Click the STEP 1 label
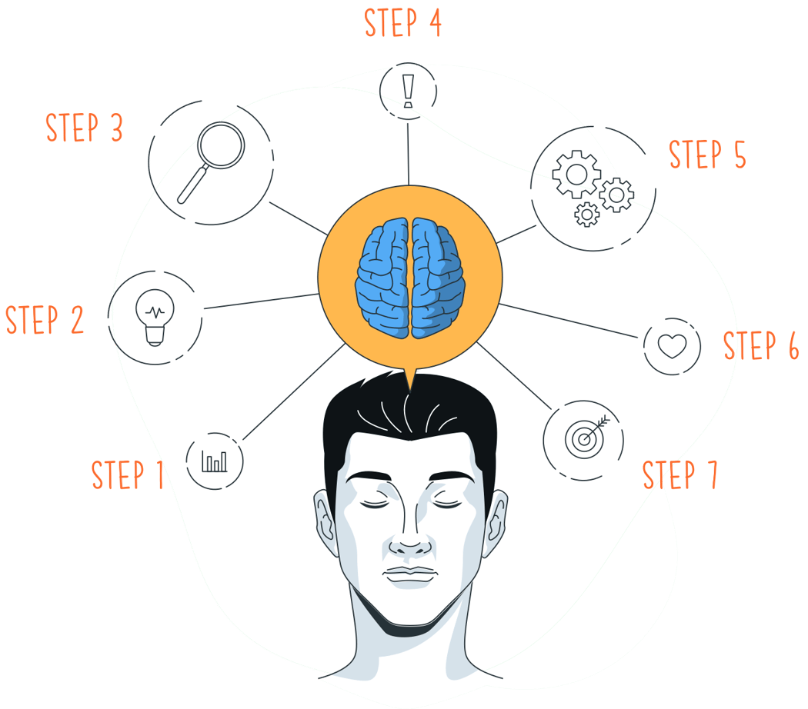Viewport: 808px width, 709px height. click(x=128, y=474)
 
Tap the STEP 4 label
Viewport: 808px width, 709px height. click(x=402, y=22)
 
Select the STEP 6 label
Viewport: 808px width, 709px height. click(x=760, y=346)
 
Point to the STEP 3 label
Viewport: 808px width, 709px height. click(x=85, y=128)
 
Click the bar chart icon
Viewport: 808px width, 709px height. click(x=215, y=461)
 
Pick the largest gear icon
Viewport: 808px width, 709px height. click(x=576, y=173)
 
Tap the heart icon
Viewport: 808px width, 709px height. click(x=672, y=345)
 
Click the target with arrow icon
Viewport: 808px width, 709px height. click(x=585, y=438)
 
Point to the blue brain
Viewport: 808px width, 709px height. click(x=410, y=278)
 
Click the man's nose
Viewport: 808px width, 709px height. click(x=410, y=543)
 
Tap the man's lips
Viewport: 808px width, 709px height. click(x=410, y=575)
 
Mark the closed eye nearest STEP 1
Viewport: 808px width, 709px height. click(x=376, y=504)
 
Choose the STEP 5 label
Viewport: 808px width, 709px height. click(x=707, y=155)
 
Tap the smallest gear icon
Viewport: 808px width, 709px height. click(x=587, y=214)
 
